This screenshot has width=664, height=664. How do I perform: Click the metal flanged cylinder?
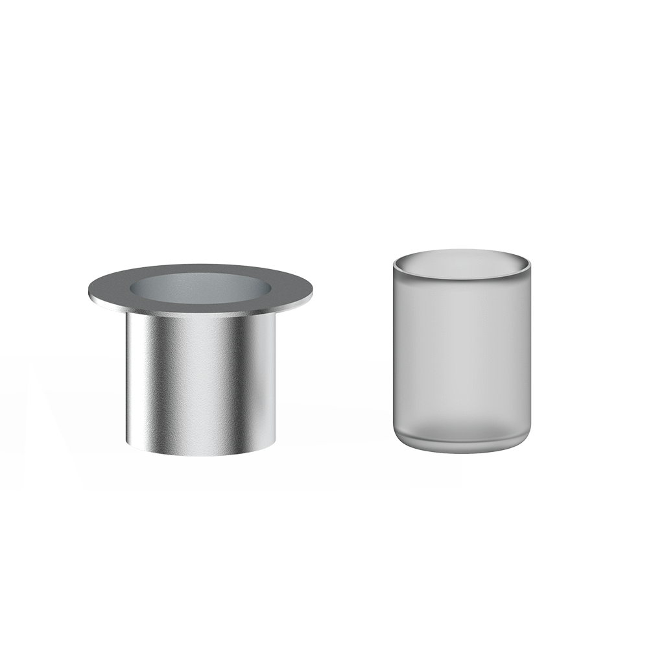(x=201, y=376)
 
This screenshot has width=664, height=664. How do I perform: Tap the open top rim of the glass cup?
(x=461, y=261)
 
